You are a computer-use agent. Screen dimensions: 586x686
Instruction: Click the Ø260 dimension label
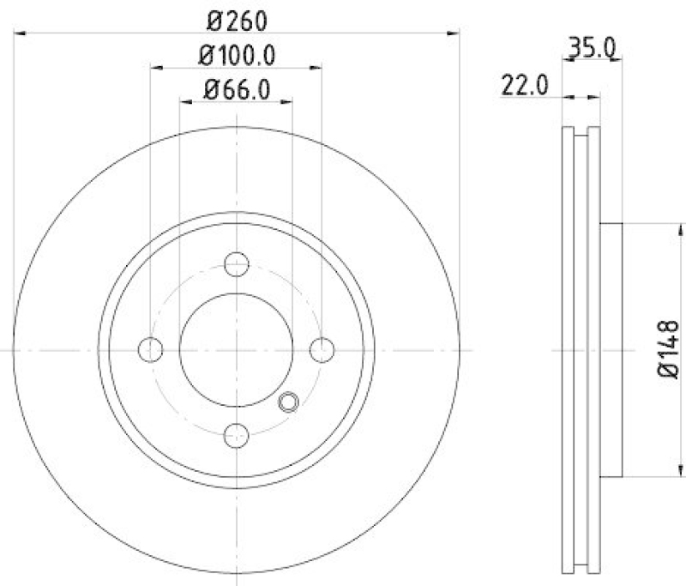(237, 18)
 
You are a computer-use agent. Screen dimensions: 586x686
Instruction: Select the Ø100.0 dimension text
(237, 56)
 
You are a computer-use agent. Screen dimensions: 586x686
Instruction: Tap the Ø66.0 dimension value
(237, 88)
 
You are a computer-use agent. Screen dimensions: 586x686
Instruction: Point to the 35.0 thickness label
(592, 48)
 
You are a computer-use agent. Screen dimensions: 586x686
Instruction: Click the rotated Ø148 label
(668, 348)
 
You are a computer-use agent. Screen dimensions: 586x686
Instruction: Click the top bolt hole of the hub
(237, 264)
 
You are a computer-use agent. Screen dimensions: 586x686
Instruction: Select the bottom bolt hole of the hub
(237, 435)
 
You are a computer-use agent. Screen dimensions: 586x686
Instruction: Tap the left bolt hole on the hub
(151, 349)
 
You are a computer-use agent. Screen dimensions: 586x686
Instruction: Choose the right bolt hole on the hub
(322, 349)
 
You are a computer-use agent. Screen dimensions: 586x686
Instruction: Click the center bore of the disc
(237, 349)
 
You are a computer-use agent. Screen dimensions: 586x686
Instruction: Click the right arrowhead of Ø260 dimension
(454, 33)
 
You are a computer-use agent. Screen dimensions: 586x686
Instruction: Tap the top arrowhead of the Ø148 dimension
(682, 228)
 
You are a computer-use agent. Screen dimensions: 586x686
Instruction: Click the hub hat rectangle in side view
(611, 349)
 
